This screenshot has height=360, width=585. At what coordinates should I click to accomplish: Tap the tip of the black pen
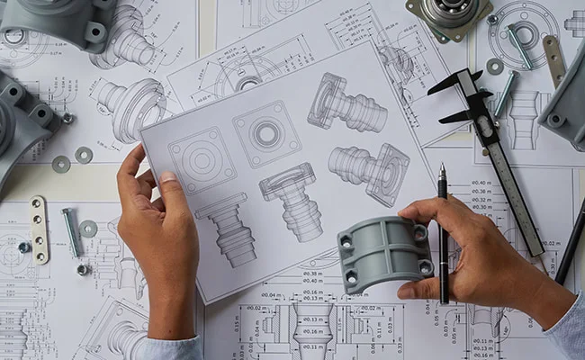click(442, 167)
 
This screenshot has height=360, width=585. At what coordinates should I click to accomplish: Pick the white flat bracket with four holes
click(39, 229)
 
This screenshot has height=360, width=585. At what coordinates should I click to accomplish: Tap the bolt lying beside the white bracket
click(71, 231)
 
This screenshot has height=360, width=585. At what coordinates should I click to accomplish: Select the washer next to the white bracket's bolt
click(88, 229)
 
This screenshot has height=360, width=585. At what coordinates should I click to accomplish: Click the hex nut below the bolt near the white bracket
click(83, 268)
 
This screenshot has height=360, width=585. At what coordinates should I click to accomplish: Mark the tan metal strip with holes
click(553, 59)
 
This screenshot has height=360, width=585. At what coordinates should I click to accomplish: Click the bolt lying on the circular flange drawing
click(519, 46)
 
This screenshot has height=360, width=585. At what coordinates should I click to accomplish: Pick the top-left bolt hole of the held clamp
click(346, 241)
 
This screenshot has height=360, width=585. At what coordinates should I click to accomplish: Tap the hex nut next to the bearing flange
click(491, 19)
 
